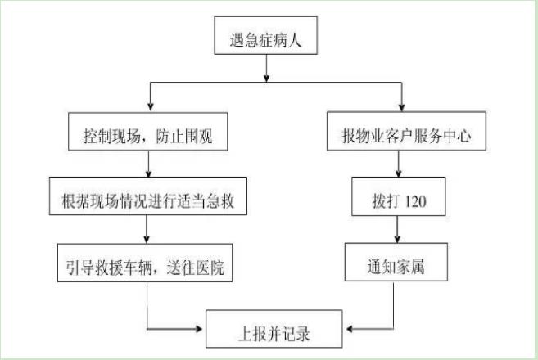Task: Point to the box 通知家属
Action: [x=399, y=265]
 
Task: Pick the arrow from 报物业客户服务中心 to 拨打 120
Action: [x=399, y=167]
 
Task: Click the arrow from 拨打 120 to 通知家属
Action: [x=399, y=231]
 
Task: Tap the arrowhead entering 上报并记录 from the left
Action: [x=200, y=330]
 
